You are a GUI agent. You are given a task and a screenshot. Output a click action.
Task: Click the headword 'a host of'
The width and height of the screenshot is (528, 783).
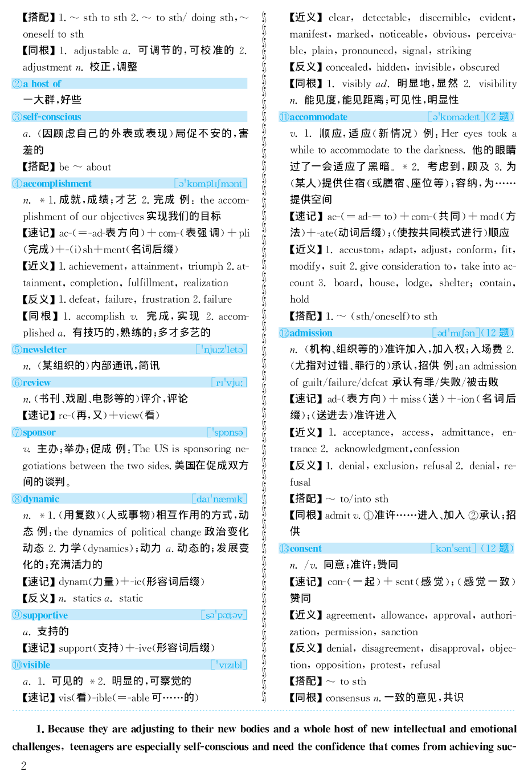coord(42,84)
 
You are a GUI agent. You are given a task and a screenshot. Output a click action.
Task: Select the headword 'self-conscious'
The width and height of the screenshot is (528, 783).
coord(52,117)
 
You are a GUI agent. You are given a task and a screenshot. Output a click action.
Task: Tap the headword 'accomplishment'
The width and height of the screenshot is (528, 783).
coord(57,184)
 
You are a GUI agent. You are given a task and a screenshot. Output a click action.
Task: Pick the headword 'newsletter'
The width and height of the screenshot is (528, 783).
coord(44,350)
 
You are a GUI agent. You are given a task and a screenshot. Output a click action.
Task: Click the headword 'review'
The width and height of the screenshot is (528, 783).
coord(36,383)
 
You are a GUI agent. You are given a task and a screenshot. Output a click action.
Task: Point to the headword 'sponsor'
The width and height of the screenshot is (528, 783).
coord(39,432)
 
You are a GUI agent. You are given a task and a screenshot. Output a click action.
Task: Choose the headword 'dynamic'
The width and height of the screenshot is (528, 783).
coord(41,499)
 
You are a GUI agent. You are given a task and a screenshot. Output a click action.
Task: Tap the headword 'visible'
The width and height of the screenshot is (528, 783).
coord(36,665)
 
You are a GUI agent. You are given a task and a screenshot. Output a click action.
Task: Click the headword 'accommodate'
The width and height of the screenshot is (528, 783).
coord(318,117)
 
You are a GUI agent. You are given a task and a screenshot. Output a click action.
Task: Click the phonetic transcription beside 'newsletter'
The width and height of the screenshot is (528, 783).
coord(222,350)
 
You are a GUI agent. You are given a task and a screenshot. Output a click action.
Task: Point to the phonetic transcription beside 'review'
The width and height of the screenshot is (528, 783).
coord(229,383)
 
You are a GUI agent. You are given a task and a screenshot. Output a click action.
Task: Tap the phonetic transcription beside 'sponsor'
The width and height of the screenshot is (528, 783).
coord(227,432)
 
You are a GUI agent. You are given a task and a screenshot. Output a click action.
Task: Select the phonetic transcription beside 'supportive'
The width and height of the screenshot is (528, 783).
coord(224,615)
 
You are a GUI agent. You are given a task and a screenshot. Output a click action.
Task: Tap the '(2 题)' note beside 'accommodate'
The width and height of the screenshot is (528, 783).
coord(501,117)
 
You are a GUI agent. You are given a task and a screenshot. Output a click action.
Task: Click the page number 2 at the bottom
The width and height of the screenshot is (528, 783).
coord(23,766)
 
